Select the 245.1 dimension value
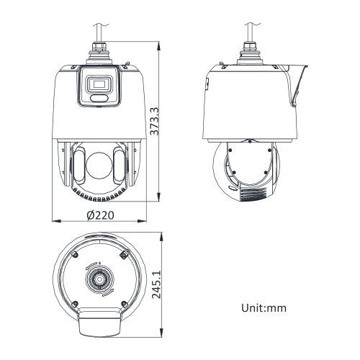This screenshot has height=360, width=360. (x=168, y=284)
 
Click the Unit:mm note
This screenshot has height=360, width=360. (x=263, y=307)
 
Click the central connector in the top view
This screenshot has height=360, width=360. (x=98, y=278)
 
